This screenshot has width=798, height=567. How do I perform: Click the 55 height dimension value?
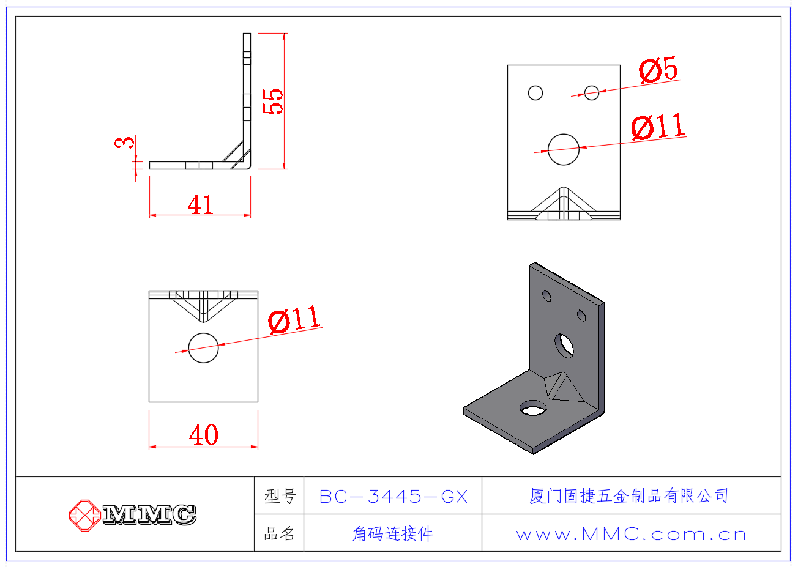coord(274,101)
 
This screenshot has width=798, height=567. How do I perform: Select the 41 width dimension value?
coord(201,204)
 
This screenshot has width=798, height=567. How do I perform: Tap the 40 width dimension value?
coord(204,435)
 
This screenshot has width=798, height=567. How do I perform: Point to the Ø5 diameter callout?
coord(659,70)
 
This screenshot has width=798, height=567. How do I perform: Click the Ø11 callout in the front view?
coord(658,127)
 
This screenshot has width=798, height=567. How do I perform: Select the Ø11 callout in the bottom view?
coord(294,319)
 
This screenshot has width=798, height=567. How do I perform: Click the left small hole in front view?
coord(535,92)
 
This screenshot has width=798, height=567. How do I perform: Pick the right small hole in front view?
coord(591,92)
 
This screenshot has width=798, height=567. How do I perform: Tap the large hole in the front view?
coord(564,149)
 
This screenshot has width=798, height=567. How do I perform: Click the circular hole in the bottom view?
coord(203,348)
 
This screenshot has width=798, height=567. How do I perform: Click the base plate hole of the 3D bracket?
coord(533,408)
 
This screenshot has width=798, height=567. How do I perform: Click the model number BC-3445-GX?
coord(393,496)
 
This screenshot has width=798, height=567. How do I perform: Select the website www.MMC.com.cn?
coord(631,534)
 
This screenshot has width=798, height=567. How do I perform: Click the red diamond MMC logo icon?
coord(84,515)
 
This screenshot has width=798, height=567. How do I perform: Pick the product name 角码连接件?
coord(393,534)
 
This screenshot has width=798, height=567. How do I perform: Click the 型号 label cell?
coord(280,496)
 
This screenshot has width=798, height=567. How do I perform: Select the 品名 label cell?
coord(280,534)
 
